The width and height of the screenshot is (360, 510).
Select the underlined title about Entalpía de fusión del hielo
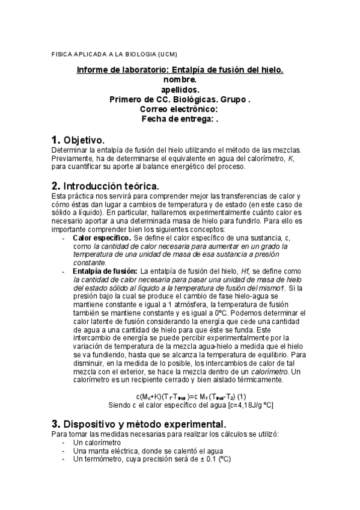pyautogui.click(x=180, y=70)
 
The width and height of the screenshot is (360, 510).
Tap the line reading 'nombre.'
pyautogui.click(x=180, y=79)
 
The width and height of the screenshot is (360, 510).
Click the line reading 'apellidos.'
pyautogui.click(x=180, y=90)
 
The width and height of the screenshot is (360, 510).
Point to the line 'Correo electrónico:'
pyautogui.click(x=180, y=109)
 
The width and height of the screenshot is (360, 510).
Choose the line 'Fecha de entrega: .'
pyautogui.click(x=180, y=119)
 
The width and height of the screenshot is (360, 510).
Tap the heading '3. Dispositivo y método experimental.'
pyautogui.click(x=139, y=423)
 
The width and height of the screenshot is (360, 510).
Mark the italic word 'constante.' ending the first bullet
pyautogui.click(x=90, y=263)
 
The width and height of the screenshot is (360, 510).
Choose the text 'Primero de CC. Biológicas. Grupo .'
pyautogui.click(x=180, y=99)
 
